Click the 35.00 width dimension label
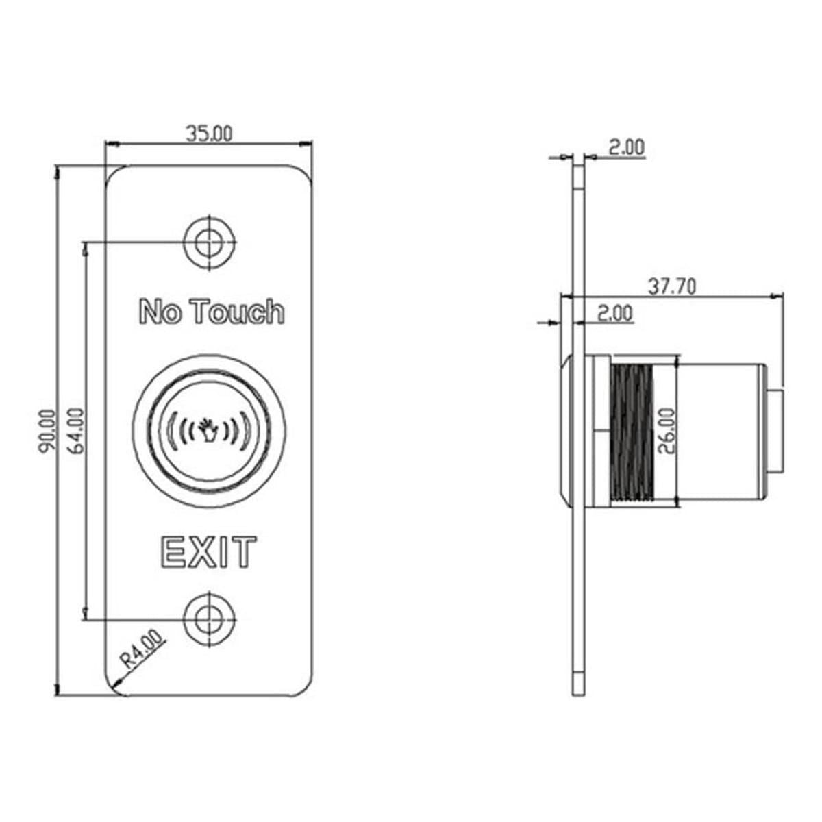[x=210, y=134]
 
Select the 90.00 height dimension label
[x=47, y=432]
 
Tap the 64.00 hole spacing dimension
[x=76, y=432]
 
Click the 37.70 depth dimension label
[x=672, y=287]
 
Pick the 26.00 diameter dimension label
[x=667, y=432]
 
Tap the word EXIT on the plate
[x=209, y=552]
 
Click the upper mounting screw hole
[x=210, y=242]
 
